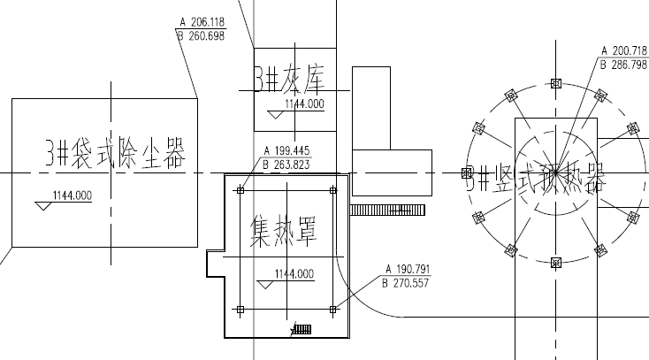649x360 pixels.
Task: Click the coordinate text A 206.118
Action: tap(201, 22)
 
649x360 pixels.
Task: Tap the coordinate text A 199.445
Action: tap(286, 150)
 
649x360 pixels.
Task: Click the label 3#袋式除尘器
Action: tap(115, 155)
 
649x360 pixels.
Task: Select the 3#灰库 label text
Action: tap(290, 80)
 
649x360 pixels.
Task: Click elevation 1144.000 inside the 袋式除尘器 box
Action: tap(73, 196)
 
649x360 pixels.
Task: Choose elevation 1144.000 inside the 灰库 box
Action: tap(304, 104)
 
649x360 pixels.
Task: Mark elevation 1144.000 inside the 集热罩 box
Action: tap(294, 273)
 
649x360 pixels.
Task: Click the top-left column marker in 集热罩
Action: tap(241, 188)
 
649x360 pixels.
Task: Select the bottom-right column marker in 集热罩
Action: tap(332, 310)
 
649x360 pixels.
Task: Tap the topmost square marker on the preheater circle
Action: tap(555, 84)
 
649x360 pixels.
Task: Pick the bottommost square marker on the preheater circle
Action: tap(555, 263)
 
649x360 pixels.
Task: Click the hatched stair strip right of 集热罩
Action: tap(388, 210)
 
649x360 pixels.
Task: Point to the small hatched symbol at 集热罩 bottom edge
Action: tap(302, 329)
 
